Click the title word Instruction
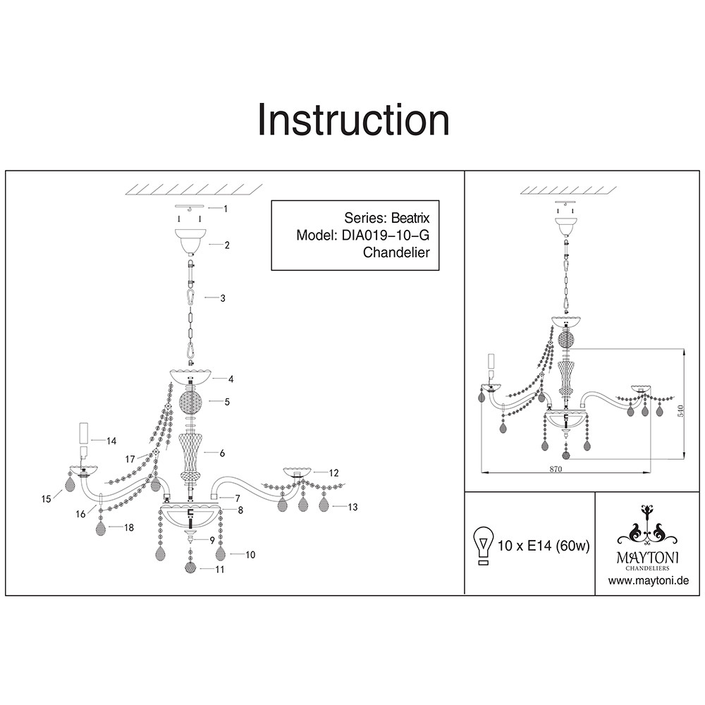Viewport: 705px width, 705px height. pos(353,120)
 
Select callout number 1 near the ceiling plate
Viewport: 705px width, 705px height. pos(225,209)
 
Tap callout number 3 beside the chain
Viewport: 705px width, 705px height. pos(223,298)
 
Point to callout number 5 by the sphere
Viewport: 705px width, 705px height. pos(227,402)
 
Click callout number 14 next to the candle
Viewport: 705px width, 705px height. pos(111,441)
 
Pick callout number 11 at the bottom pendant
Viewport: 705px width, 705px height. pos(220,569)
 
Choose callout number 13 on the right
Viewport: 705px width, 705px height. pos(353,507)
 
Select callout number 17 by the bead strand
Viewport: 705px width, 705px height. pos(130,459)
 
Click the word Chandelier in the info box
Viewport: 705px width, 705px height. pos(396,252)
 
